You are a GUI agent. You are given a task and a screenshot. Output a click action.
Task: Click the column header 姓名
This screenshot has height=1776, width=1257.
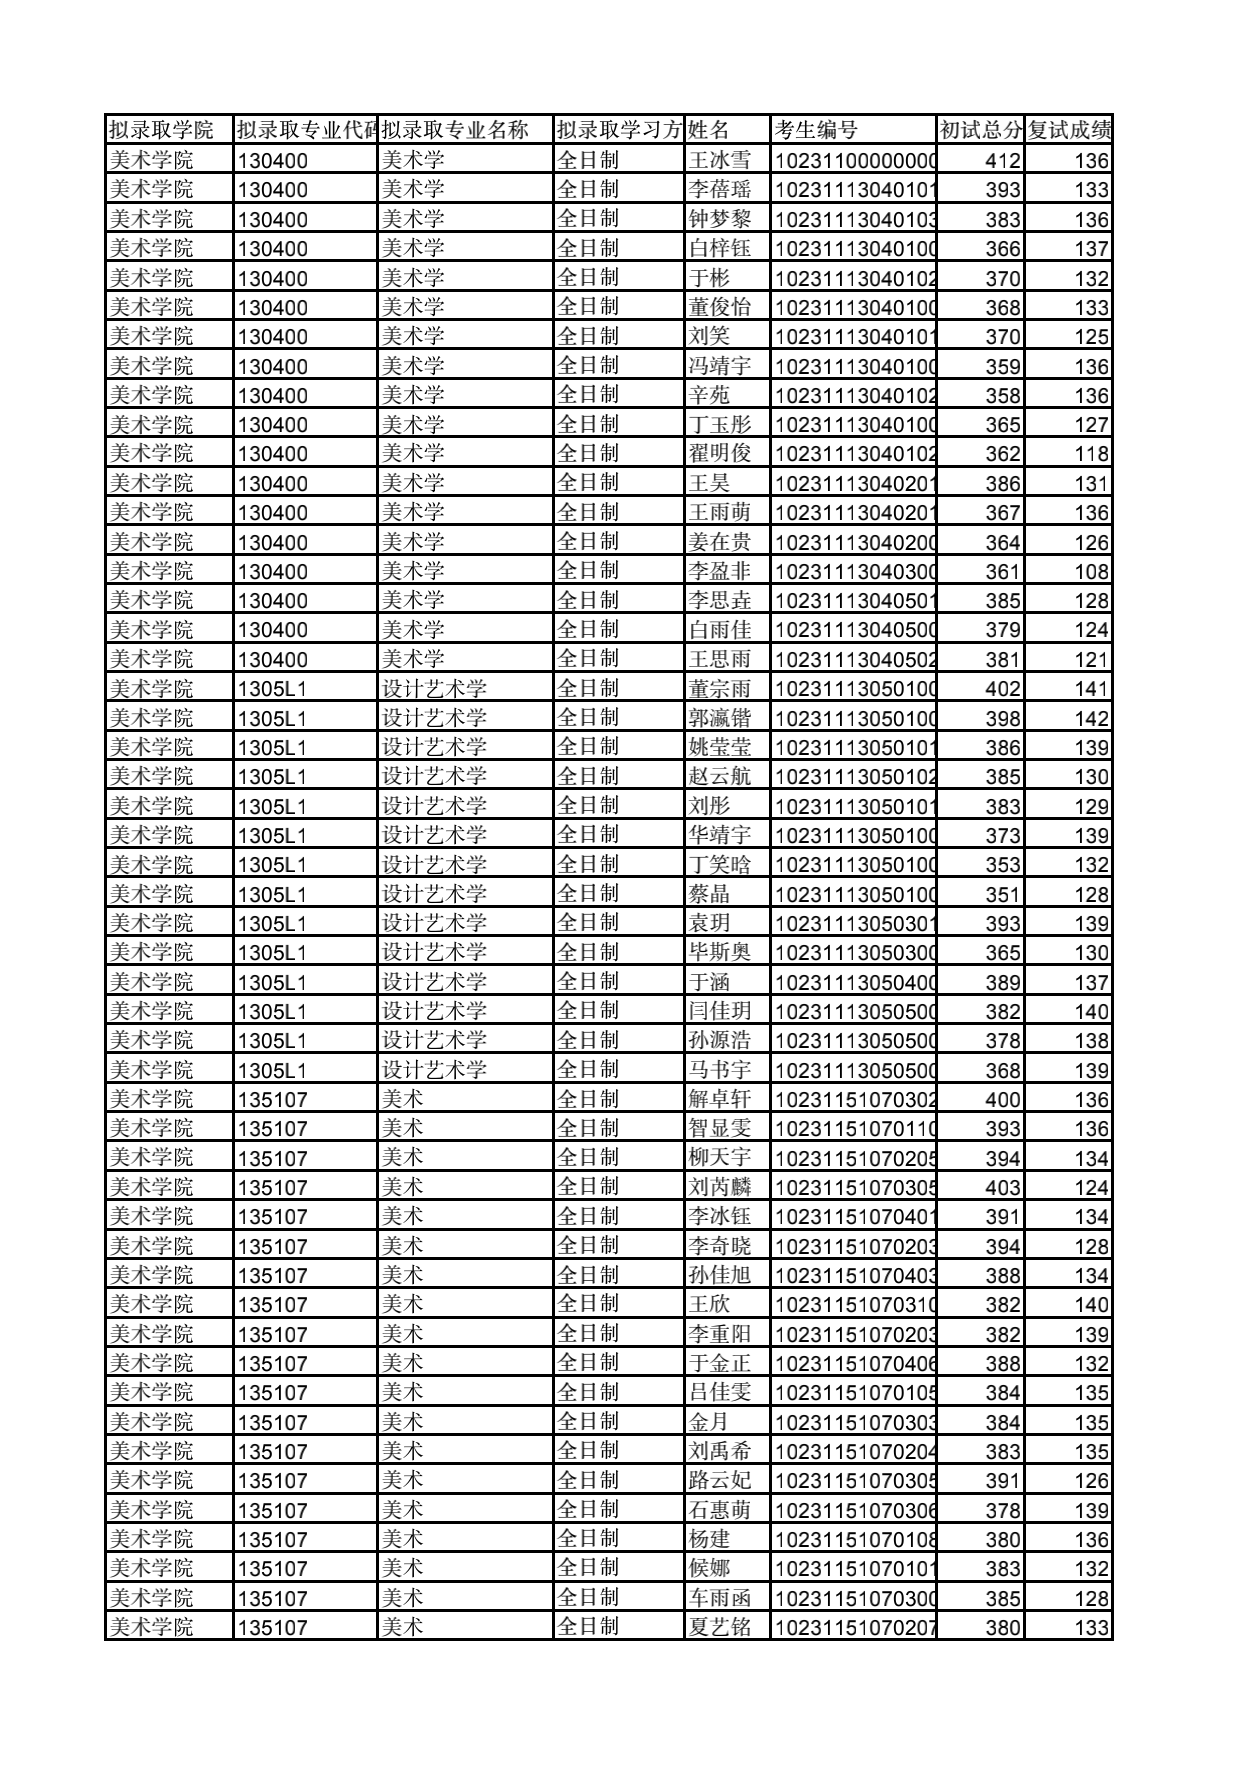pyautogui.click(x=710, y=130)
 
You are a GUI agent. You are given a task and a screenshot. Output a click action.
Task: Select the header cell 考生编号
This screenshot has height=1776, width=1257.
pyautogui.click(x=816, y=130)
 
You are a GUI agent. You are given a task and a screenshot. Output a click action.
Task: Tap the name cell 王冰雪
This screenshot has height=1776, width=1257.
pyautogui.click(x=719, y=160)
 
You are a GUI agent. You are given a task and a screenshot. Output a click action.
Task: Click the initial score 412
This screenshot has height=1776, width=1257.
pyautogui.click(x=1002, y=160)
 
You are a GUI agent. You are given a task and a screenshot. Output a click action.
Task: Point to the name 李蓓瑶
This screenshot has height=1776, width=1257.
pyautogui.click(x=719, y=189)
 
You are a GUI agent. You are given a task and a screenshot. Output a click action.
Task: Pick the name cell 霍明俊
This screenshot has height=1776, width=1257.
pyautogui.click(x=719, y=453)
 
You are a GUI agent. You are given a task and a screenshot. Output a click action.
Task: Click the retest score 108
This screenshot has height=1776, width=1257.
pyautogui.click(x=1091, y=571)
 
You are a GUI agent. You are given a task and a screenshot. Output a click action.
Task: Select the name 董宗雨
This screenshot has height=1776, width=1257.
pyautogui.click(x=719, y=688)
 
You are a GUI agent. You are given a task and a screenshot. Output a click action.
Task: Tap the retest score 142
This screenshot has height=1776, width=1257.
pyautogui.click(x=1091, y=718)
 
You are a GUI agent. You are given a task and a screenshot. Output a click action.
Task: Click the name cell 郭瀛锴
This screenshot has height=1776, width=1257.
pyautogui.click(x=719, y=718)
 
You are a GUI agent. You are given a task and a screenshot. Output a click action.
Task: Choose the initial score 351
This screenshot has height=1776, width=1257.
pyautogui.click(x=1002, y=894)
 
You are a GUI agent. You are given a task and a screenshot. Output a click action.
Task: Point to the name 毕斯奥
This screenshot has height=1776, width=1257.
pyautogui.click(x=719, y=952)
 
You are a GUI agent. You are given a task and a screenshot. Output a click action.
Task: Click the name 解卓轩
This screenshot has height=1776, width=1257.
pyautogui.click(x=719, y=1099)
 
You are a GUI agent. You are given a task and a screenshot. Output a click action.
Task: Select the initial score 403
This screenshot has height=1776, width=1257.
pyautogui.click(x=1002, y=1187)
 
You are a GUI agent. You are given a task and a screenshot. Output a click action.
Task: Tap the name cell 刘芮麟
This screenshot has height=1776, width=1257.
pyautogui.click(x=719, y=1187)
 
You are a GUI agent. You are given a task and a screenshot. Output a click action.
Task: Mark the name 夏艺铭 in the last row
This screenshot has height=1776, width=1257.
pyautogui.click(x=719, y=1627)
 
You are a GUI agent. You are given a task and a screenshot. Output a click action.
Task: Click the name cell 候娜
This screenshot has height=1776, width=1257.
pyautogui.click(x=709, y=1568)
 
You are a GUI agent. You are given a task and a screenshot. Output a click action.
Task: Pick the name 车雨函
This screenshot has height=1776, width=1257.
pyautogui.click(x=719, y=1598)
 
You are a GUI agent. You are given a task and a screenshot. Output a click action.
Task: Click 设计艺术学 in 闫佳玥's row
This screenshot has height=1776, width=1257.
pyautogui.click(x=434, y=1011)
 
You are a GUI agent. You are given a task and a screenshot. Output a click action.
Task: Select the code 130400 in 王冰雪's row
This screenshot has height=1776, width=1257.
pyautogui.click(x=273, y=160)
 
